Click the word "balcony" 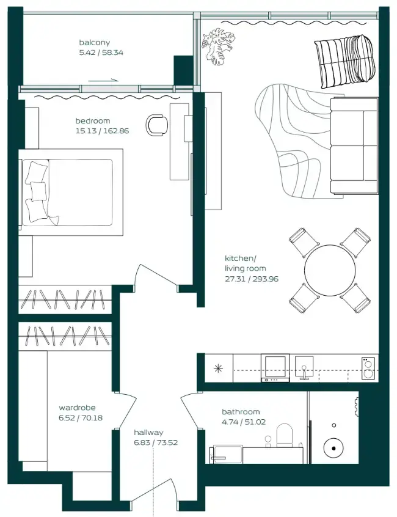click(94, 43)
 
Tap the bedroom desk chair click(157, 125)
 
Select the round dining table click(330, 271)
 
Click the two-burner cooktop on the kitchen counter click(368, 369)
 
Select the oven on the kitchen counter click(275, 369)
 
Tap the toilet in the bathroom click(285, 435)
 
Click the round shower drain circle click(334, 449)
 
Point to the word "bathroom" click(241, 412)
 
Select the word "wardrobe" click(77, 408)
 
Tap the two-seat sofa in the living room click(354, 145)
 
